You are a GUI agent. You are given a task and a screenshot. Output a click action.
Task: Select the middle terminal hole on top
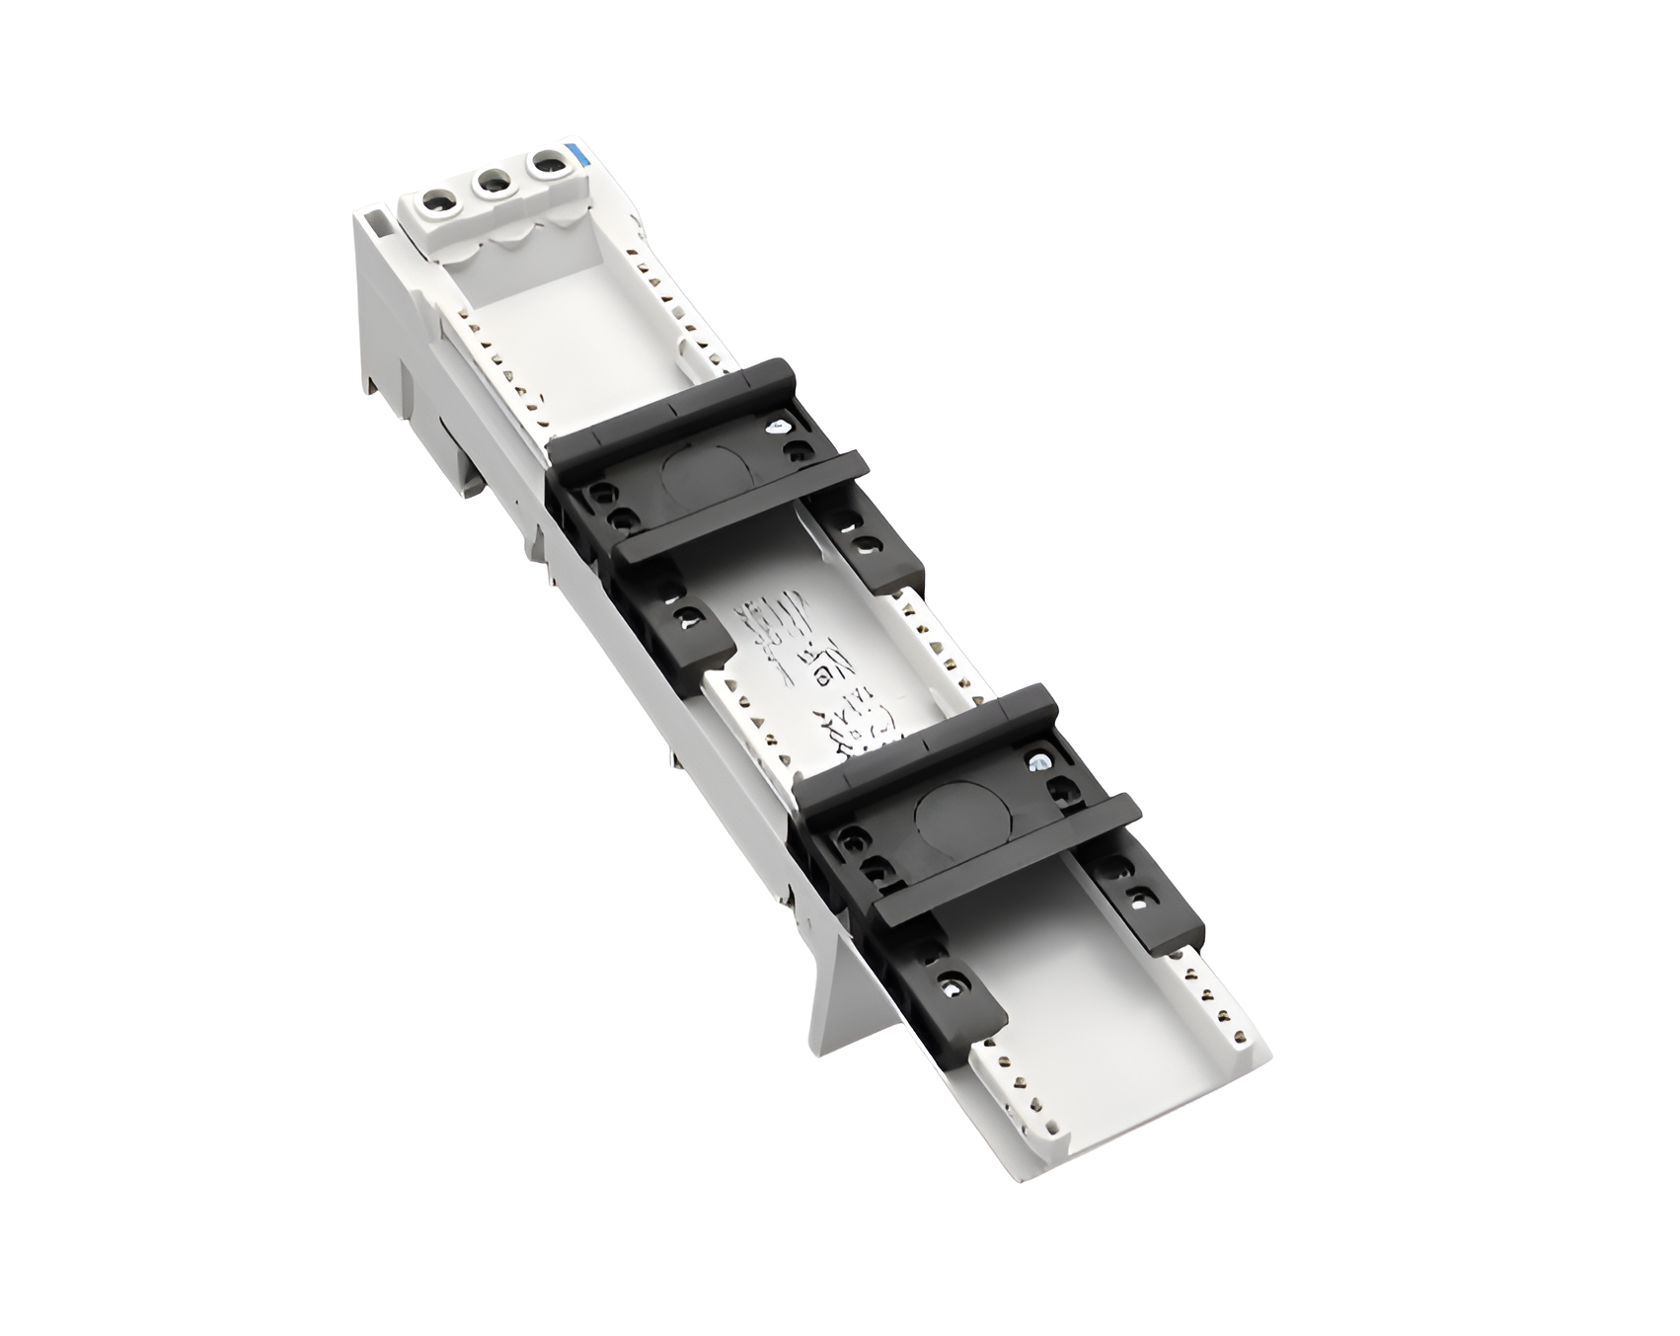coord(489,183)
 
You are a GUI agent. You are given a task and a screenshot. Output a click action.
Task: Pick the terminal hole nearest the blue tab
coord(543,163)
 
